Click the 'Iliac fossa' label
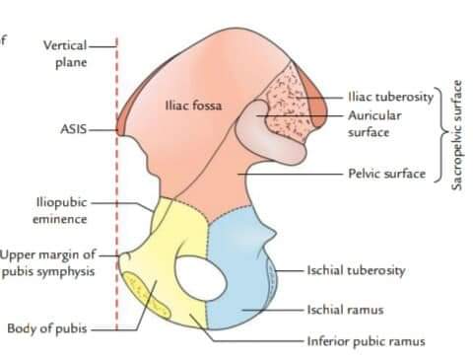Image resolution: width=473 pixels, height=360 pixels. (x=193, y=106)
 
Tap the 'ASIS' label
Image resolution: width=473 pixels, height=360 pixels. (x=74, y=129)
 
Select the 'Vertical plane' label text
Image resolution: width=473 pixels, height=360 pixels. (x=66, y=53)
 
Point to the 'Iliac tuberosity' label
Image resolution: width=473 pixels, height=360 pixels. (x=391, y=97)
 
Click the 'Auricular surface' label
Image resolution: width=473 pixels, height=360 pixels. (x=374, y=123)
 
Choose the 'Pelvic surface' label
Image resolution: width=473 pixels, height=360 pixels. (x=387, y=174)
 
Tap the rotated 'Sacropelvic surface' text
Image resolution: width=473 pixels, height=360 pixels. (x=456, y=135)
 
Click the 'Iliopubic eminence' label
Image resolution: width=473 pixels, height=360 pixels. (x=60, y=211)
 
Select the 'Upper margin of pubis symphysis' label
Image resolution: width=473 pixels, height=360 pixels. (x=48, y=263)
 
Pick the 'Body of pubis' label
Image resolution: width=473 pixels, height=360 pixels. (x=47, y=328)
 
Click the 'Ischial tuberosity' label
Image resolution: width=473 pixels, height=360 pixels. (x=356, y=270)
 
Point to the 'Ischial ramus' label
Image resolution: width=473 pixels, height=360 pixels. (x=345, y=310)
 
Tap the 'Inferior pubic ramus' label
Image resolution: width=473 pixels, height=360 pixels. (x=366, y=341)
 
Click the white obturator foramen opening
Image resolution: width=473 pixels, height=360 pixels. (x=200, y=278)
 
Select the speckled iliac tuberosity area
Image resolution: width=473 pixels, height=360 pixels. (x=286, y=102)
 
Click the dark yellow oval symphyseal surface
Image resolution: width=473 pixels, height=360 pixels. (x=147, y=296)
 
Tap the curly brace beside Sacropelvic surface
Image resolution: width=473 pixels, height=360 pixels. (x=441, y=135)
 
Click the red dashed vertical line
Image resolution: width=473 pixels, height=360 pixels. (x=117, y=184)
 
